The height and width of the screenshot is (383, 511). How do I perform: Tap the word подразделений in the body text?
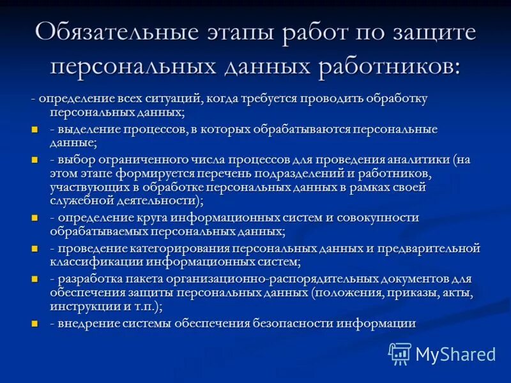point(290,174)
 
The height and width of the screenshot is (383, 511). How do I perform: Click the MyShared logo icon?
point(400,353)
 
